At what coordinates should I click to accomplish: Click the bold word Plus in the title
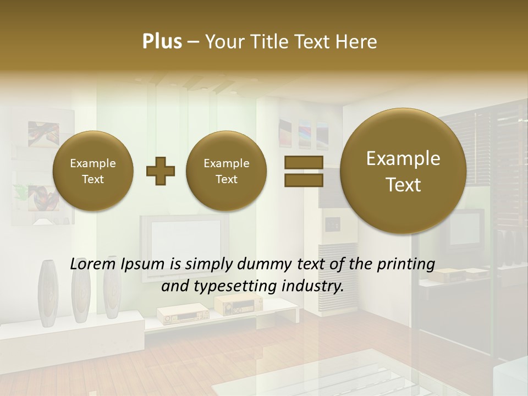(x=162, y=42)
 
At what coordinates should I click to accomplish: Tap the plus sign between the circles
(x=161, y=172)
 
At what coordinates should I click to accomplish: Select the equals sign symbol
(x=303, y=172)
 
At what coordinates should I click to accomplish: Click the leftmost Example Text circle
(x=92, y=171)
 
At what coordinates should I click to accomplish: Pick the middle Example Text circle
(x=226, y=171)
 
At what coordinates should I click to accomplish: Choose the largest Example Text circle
(x=403, y=171)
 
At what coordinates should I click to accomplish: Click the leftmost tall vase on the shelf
(x=47, y=291)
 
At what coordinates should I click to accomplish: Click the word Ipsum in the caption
(x=142, y=264)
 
